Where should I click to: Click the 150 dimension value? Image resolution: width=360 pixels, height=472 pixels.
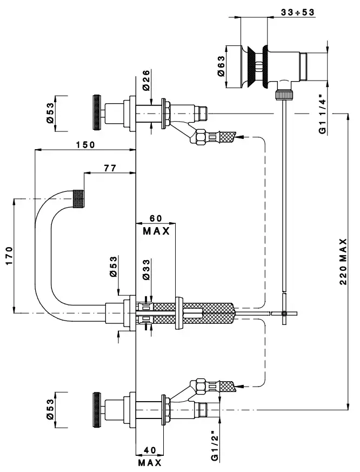click(85, 144)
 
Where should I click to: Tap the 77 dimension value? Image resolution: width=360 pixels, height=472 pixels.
click(110, 169)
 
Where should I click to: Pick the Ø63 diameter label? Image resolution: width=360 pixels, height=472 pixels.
click(222, 68)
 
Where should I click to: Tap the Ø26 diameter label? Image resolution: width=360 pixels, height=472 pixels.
click(146, 79)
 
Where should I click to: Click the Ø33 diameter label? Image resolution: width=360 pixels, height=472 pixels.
click(146, 268)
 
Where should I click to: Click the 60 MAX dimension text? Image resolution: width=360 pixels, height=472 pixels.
click(156, 224)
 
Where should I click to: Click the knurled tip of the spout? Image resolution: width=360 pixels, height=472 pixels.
click(78, 198)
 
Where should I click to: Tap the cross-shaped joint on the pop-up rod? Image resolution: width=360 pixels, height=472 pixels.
click(283, 313)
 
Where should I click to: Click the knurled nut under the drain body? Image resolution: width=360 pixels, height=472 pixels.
click(283, 95)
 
